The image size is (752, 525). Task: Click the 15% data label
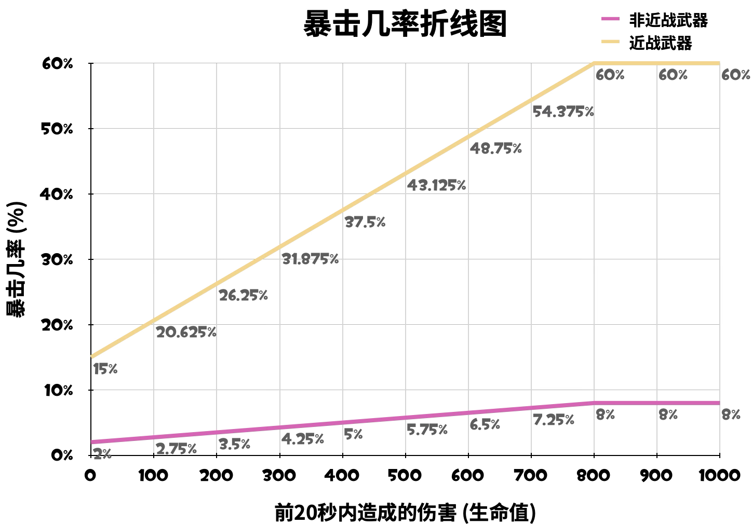(x=105, y=369)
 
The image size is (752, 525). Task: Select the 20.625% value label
(x=186, y=332)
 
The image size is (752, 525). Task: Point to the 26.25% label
(x=243, y=296)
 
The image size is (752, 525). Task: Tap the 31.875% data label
(x=310, y=259)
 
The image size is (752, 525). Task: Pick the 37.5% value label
(x=365, y=223)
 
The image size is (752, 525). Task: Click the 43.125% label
(x=436, y=185)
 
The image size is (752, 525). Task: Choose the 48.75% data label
(x=495, y=149)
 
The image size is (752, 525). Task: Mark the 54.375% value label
(x=563, y=112)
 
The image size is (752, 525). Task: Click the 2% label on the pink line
(x=102, y=454)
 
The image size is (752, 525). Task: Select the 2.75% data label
(x=176, y=449)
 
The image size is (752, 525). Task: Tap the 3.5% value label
(x=234, y=444)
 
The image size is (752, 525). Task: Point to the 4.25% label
(x=303, y=439)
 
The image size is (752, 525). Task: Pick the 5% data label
(x=353, y=435)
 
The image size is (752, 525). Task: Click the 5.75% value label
(x=427, y=430)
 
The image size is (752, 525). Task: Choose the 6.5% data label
(x=485, y=424)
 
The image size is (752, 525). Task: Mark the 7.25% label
(x=554, y=420)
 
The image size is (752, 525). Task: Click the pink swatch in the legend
(x=610, y=19)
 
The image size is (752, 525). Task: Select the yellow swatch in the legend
(x=610, y=42)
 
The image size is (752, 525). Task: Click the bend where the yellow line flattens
(x=594, y=63)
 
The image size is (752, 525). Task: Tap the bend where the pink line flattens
(x=594, y=403)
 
